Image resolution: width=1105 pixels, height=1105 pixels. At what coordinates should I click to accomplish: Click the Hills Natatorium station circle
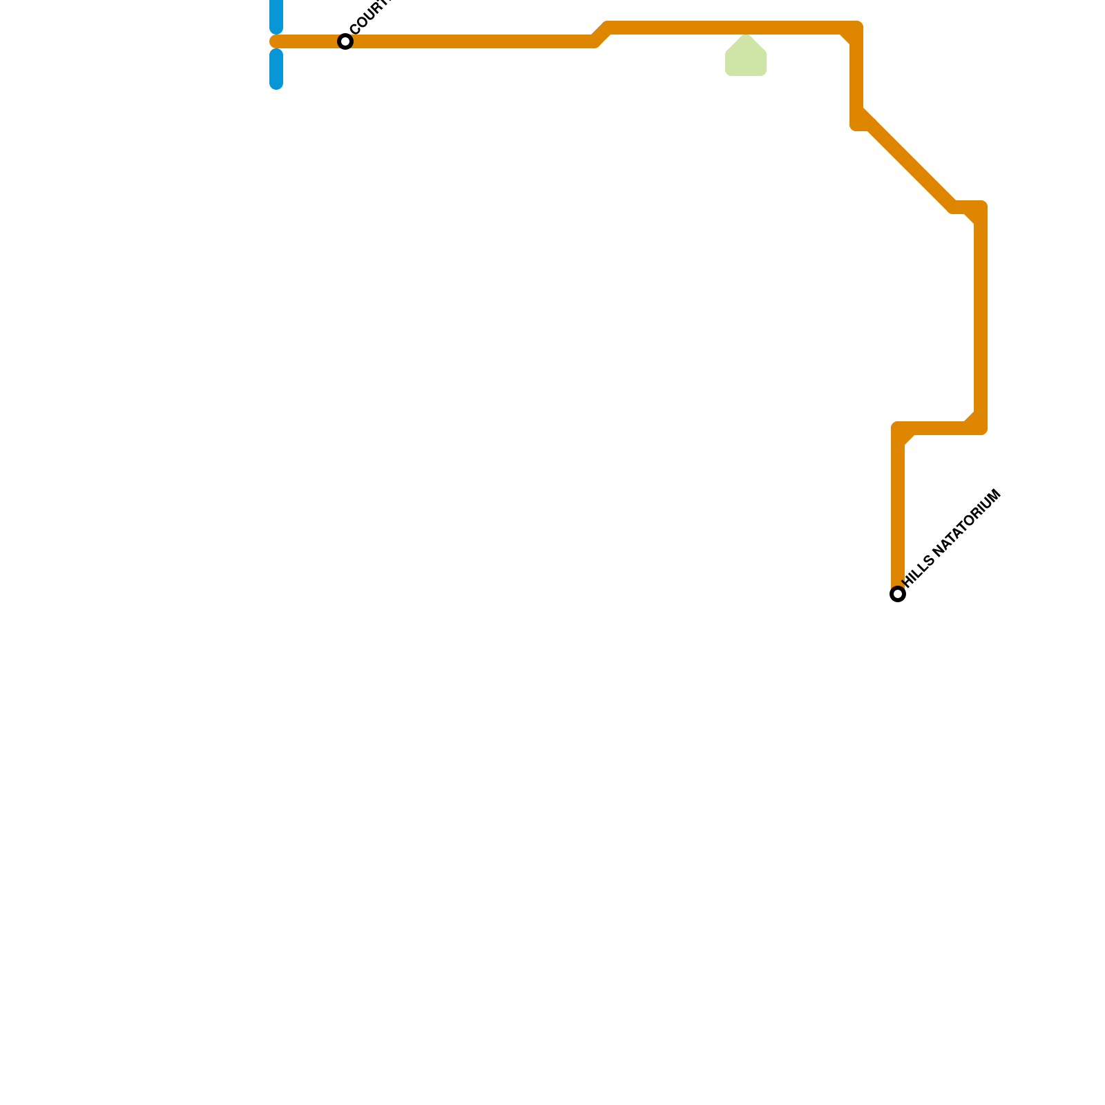coord(898,594)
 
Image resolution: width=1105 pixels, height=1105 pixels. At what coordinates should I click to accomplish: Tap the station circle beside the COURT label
coord(345,41)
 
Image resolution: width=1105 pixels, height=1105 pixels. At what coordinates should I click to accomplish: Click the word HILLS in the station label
coord(919,570)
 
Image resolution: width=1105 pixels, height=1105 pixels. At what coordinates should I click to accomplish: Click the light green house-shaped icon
coord(746,57)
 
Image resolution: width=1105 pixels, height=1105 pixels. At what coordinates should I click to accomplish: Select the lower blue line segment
coord(276,69)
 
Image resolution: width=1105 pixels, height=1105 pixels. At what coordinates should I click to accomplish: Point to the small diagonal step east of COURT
coord(601,35)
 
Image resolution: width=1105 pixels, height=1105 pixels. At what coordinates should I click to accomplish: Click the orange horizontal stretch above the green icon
coord(746,28)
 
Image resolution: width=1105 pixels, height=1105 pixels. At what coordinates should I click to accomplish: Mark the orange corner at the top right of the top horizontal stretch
coord(856,28)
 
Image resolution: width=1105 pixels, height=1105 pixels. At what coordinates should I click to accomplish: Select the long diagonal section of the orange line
coord(908,162)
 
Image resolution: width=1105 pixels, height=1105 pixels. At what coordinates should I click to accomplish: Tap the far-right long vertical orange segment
coord(981,318)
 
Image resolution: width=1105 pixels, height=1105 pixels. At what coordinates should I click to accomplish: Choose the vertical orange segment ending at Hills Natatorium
coord(898,511)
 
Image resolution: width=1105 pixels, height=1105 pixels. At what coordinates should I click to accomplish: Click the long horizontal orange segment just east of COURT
coord(470,41)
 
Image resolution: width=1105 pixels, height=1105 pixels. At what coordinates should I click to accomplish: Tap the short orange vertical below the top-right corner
coord(856,76)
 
